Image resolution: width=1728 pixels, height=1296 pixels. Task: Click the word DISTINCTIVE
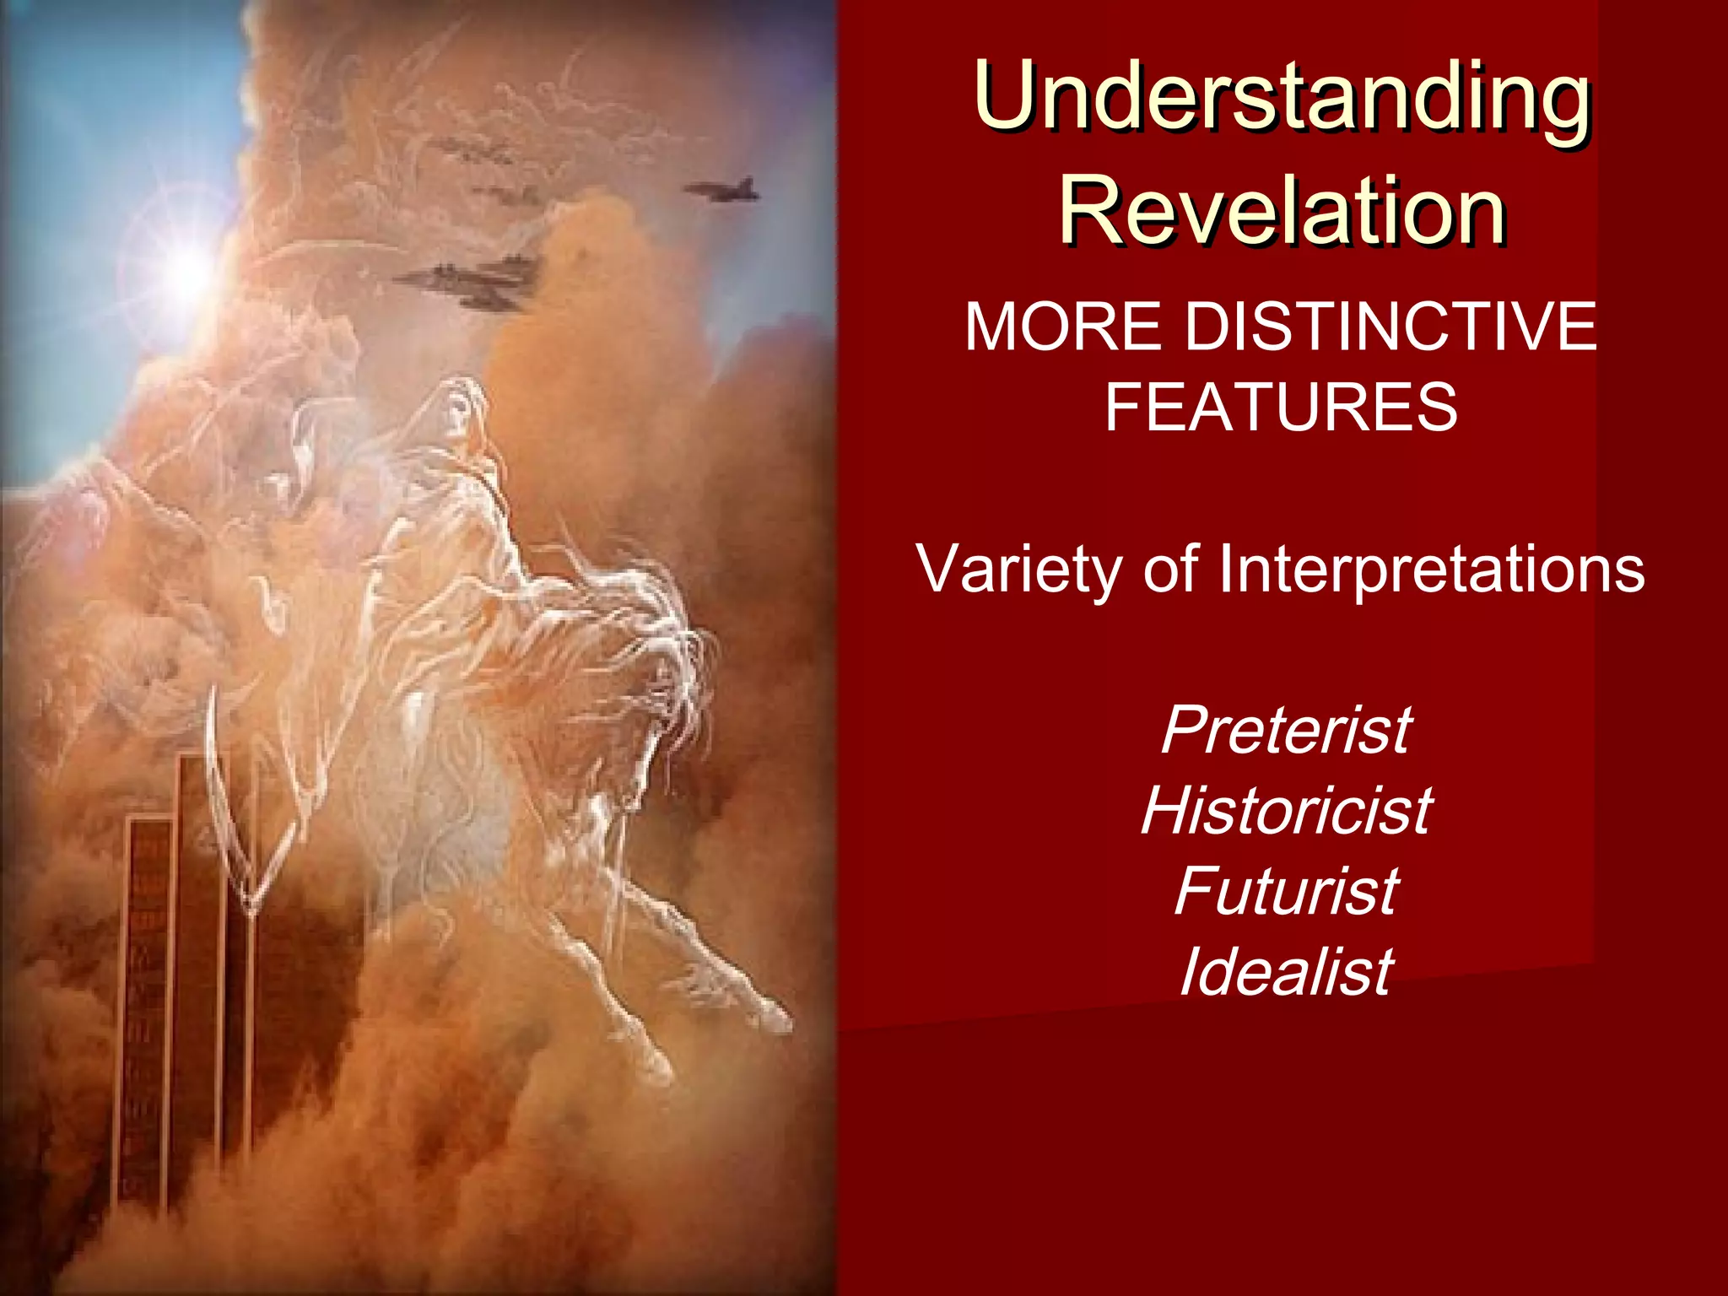pyautogui.click(x=1390, y=327)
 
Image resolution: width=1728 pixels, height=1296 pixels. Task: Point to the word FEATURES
pyautogui.click(x=1281, y=408)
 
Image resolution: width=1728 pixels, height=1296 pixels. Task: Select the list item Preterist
pyautogui.click(x=1286, y=731)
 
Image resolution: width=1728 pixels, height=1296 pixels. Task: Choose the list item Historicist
pyautogui.click(x=1286, y=811)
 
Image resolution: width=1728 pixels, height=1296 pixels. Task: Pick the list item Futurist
pyautogui.click(x=1286, y=891)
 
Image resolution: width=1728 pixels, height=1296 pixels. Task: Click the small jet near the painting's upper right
pyautogui.click(x=724, y=191)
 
